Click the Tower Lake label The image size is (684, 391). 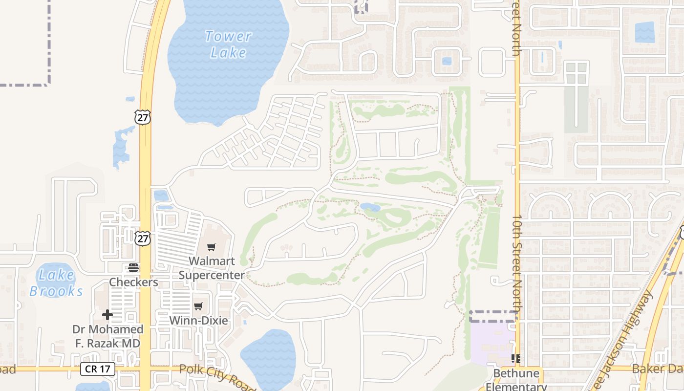click(x=228, y=44)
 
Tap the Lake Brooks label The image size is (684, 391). click(x=56, y=283)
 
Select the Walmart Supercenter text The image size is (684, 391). click(x=212, y=268)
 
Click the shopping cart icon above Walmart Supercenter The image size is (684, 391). click(x=211, y=247)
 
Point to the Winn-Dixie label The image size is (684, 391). click(x=198, y=321)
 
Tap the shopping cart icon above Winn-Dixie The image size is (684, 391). click(x=198, y=306)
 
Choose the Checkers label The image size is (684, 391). click(x=133, y=282)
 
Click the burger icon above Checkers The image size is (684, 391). click(x=133, y=267)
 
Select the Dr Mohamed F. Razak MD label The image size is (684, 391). click(x=107, y=336)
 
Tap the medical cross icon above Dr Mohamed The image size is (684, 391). click(x=107, y=315)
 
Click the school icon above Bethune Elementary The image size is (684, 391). click(x=515, y=359)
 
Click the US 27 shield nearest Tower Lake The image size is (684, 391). click(x=143, y=117)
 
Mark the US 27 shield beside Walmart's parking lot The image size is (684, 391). click(x=143, y=239)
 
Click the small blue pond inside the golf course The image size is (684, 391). click(x=370, y=208)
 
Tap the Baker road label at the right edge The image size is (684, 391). click(x=657, y=369)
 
